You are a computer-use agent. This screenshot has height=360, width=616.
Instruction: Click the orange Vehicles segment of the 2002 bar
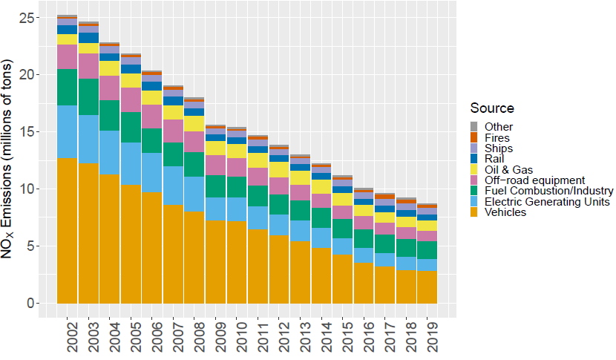click(68, 230)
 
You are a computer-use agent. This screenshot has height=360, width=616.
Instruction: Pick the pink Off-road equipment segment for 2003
click(88, 66)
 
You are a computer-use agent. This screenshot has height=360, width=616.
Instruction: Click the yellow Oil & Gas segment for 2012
click(278, 169)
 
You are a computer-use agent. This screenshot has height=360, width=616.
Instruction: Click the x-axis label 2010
click(237, 337)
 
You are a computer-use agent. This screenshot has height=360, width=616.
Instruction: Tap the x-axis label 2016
click(364, 337)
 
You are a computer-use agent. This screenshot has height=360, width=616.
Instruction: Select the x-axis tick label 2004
click(110, 337)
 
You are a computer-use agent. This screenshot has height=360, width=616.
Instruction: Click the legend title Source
click(492, 108)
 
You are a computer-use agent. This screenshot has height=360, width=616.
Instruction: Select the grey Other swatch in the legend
click(476, 127)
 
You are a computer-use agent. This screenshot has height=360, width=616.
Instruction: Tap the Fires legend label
click(497, 137)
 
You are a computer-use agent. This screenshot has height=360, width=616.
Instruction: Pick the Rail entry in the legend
click(494, 159)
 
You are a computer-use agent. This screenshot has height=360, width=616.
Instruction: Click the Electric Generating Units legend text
click(546, 202)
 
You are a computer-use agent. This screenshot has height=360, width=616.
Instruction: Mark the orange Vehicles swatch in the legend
click(476, 212)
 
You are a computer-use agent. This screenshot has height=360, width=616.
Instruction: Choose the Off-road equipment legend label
click(534, 180)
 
